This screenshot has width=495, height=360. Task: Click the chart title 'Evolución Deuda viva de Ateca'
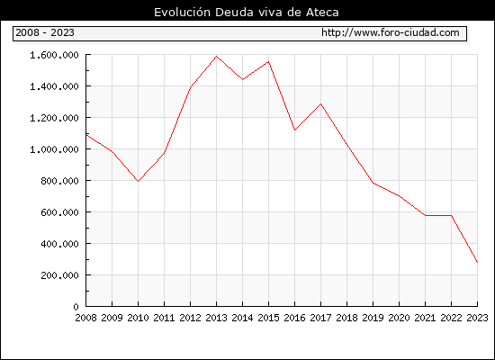pyautogui.click(x=247, y=13)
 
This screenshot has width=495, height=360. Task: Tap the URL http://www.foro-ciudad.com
pyautogui.click(x=391, y=32)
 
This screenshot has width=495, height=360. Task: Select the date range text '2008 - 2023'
pyautogui.click(x=45, y=32)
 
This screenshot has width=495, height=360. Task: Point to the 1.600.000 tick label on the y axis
pyautogui.click(x=54, y=55)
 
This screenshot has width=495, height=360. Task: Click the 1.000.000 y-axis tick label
pyautogui.click(x=54, y=149)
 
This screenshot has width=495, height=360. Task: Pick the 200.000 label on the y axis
pyautogui.click(x=59, y=275)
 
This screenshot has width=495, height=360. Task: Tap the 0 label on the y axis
pyautogui.click(x=76, y=307)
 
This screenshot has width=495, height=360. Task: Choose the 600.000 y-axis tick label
pyautogui.click(x=59, y=212)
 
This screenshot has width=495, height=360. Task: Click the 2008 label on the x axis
pyautogui.click(x=85, y=318)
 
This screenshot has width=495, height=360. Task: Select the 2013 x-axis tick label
pyautogui.click(x=216, y=318)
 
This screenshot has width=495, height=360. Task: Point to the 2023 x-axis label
pyautogui.click(x=477, y=318)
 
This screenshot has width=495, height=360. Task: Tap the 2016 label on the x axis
pyautogui.click(x=294, y=318)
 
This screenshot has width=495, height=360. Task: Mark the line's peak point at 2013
pyautogui.click(x=216, y=57)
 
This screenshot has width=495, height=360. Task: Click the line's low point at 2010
pyautogui.click(x=138, y=181)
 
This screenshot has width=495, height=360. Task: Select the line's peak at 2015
pyautogui.click(x=269, y=61)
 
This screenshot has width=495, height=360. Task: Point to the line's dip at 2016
pyautogui.click(x=294, y=130)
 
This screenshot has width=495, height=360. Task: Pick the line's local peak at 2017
pyautogui.click(x=320, y=103)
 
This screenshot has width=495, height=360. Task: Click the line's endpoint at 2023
pyautogui.click(x=477, y=262)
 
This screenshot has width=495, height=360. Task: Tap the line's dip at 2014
pyautogui.click(x=242, y=79)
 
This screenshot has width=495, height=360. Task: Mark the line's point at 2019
pyautogui.click(x=373, y=183)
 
